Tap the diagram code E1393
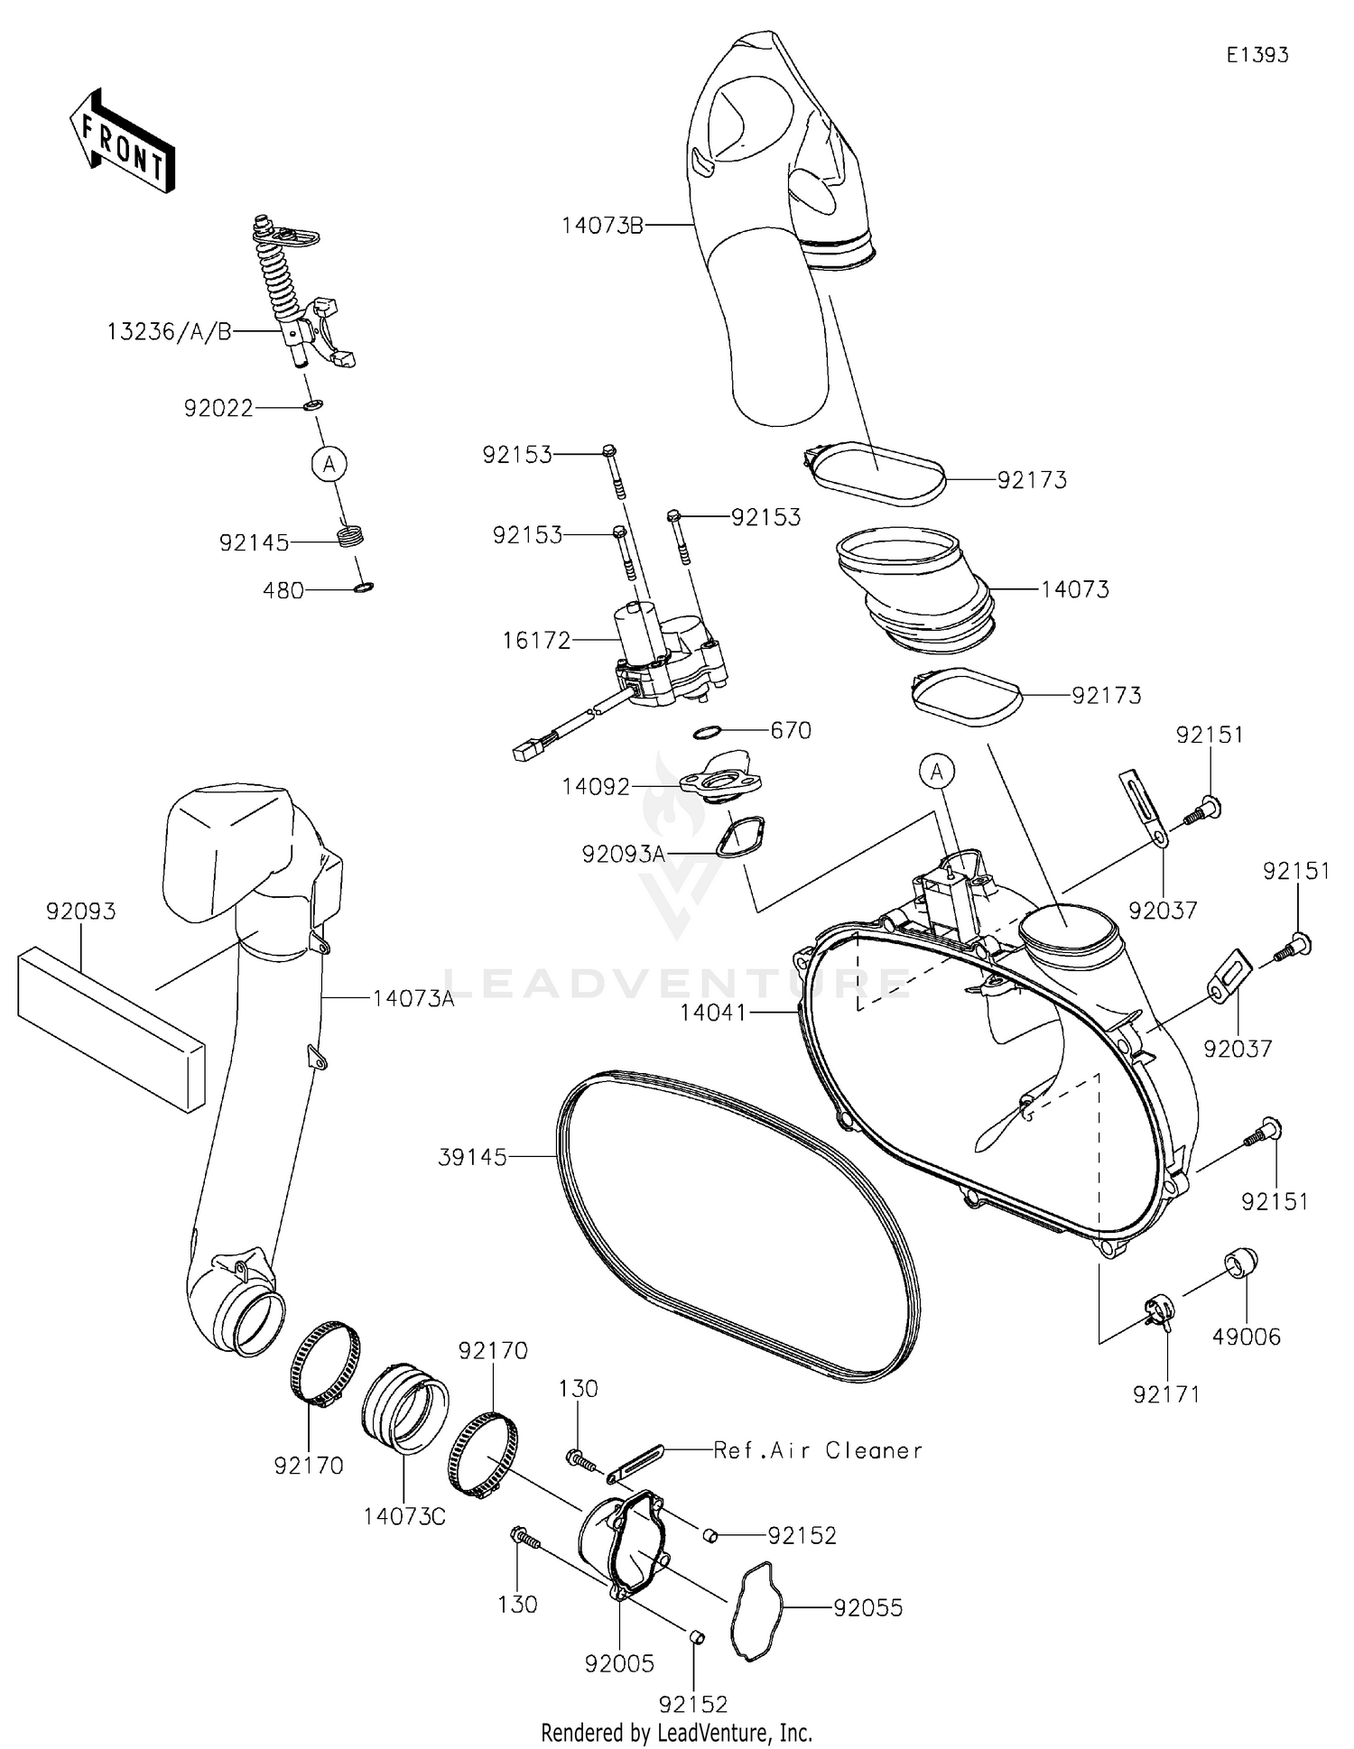[1257, 55]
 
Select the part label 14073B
[602, 225]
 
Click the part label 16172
[536, 641]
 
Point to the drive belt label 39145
[472, 1157]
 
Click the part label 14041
[713, 1013]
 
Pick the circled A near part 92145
[329, 465]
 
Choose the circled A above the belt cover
[937, 772]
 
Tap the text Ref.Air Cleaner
[818, 1450]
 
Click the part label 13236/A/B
[169, 332]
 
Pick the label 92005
[619, 1663]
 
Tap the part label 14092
[596, 787]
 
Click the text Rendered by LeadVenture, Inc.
[676, 1732]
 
